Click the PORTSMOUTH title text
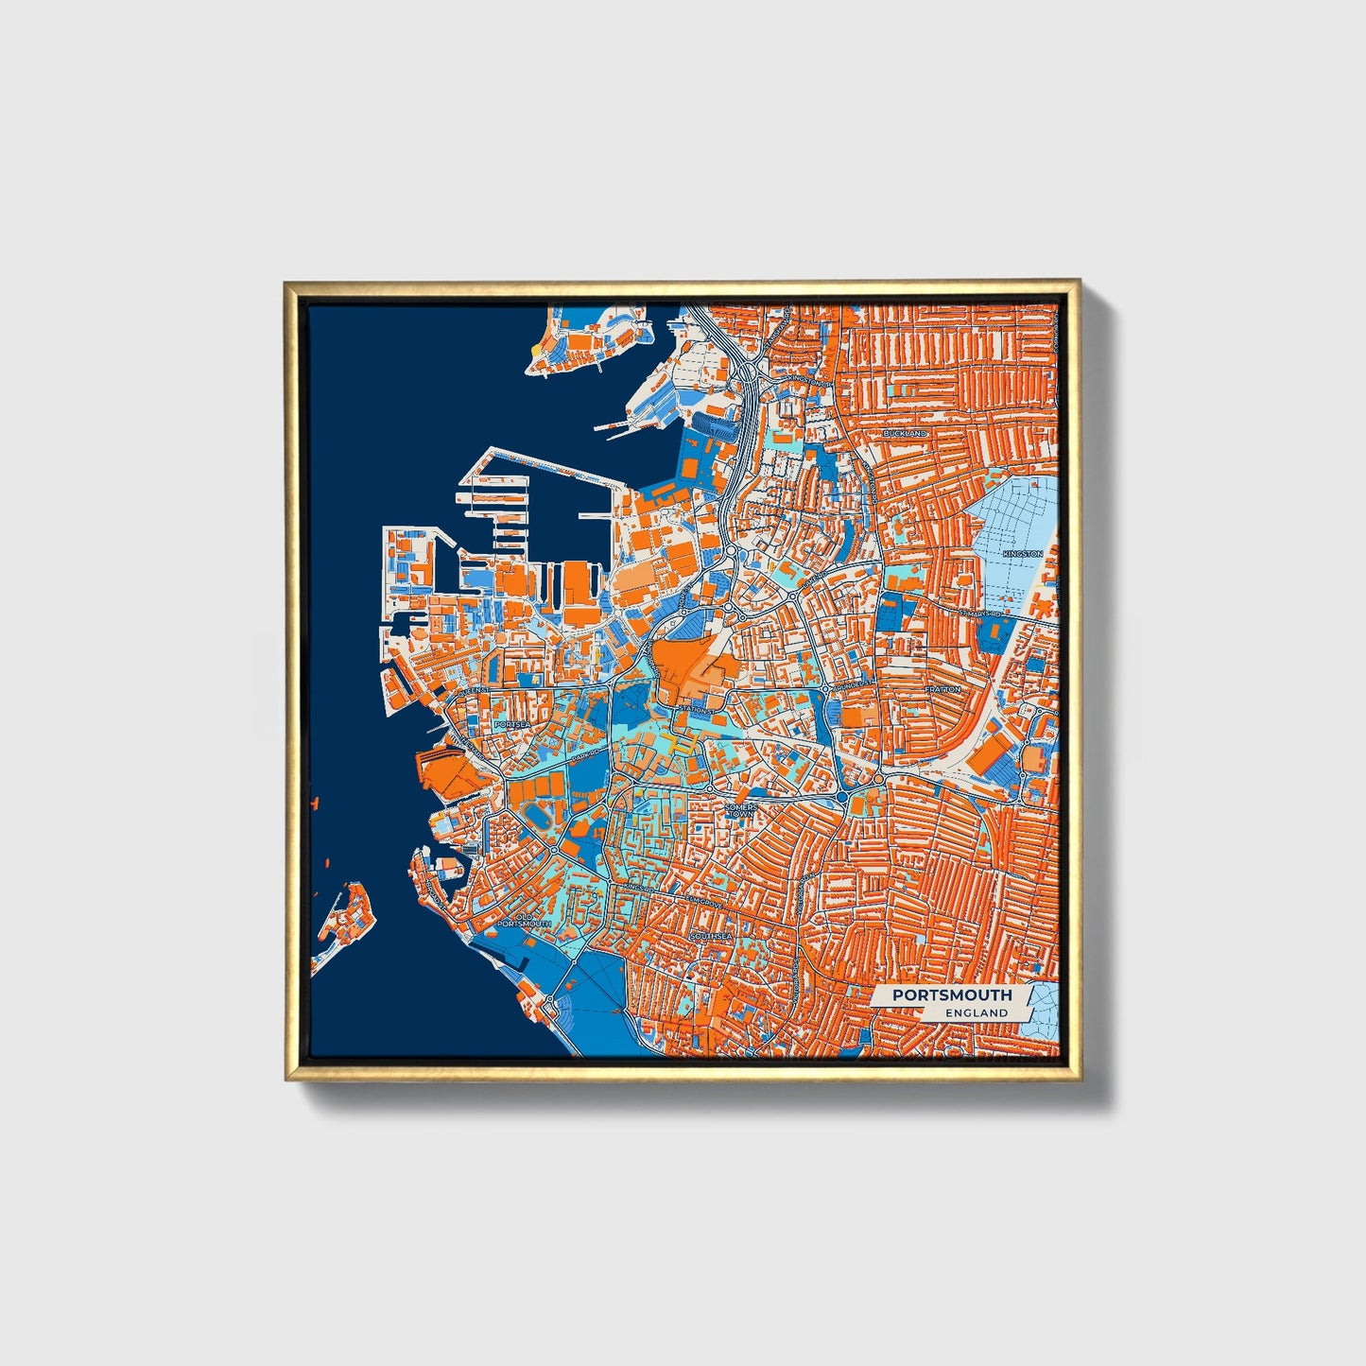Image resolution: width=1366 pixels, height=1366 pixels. pos(951,994)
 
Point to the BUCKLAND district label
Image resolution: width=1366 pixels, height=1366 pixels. pos(905,433)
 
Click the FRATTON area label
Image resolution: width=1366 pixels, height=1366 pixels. pos(942,689)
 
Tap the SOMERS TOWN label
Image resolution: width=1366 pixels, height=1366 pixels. pos(740,810)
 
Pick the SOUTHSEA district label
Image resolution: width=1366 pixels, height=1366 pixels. pos(711,936)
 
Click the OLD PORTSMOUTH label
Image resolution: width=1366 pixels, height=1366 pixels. pos(518,918)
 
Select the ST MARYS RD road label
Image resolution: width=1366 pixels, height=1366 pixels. pos(978,614)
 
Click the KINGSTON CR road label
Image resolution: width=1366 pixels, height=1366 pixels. pos(806,384)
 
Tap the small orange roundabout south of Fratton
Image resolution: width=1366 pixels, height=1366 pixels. pos(878,778)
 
